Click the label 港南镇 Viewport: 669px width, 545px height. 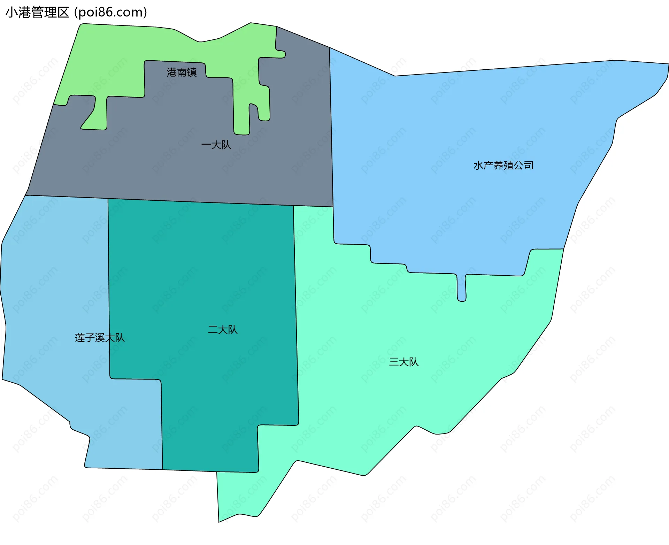click(x=182, y=72)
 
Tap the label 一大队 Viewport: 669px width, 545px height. click(x=216, y=145)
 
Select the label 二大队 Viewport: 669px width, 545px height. click(x=223, y=330)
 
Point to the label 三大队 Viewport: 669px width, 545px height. click(x=403, y=362)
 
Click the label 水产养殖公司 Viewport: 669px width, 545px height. click(x=503, y=166)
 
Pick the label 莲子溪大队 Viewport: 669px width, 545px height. click(x=100, y=338)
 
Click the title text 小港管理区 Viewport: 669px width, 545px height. click(x=38, y=13)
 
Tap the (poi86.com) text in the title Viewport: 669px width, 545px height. click(x=111, y=13)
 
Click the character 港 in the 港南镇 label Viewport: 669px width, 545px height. click(x=172, y=72)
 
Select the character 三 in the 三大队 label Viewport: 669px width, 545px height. click(x=394, y=362)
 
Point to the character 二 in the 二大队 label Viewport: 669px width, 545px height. click(x=213, y=330)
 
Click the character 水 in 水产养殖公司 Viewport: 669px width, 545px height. click(x=478, y=166)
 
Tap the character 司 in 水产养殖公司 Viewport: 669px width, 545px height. click(x=529, y=166)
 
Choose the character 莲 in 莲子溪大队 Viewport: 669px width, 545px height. click(x=80, y=338)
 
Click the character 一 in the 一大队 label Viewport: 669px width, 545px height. click(x=206, y=145)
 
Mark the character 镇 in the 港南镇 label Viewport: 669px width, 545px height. click(x=192, y=72)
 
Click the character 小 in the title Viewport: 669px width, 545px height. click(x=12, y=13)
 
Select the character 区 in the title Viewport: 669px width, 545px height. click(x=63, y=13)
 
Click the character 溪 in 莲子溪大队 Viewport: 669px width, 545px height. click(x=100, y=338)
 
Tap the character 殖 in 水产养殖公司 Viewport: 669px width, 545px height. click(x=508, y=166)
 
